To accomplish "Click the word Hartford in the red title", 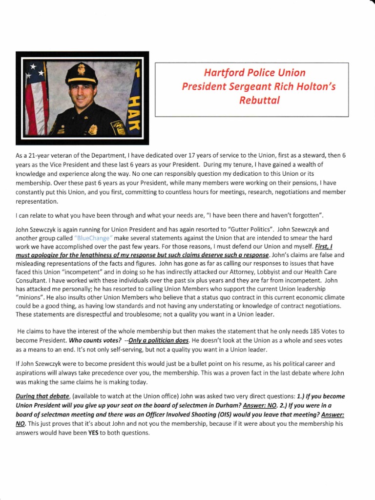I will (x=223, y=73).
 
